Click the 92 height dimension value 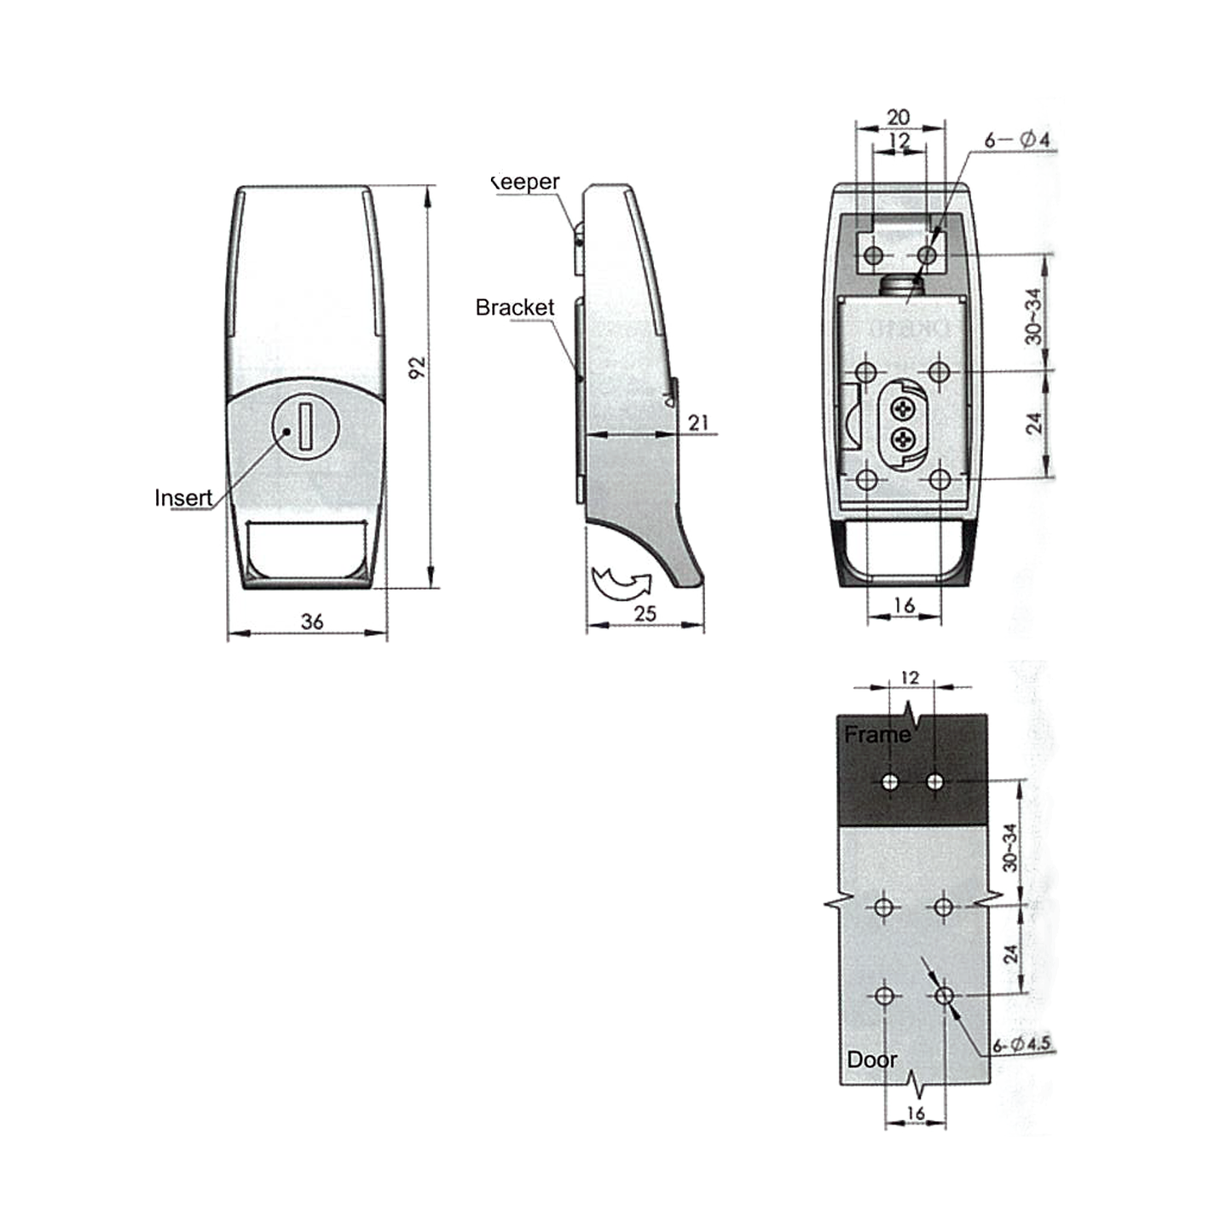point(417,367)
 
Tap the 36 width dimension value point(312,622)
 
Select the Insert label point(183,498)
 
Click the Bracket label point(514,308)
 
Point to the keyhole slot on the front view point(304,426)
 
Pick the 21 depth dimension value point(698,422)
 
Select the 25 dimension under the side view point(645,613)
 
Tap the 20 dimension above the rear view point(899,117)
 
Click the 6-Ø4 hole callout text point(1017,139)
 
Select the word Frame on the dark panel point(876,734)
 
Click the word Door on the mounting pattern point(871,1060)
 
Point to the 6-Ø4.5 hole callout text point(1022,1044)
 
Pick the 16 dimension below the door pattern point(915,1113)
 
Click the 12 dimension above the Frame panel point(910,678)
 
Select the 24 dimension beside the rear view point(1034,424)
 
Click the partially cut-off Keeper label point(526,182)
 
